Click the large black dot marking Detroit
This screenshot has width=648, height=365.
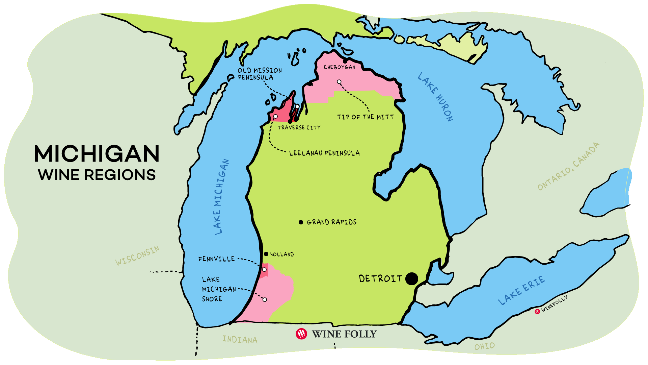[x=411, y=279]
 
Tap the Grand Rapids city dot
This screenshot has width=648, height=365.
[x=301, y=222]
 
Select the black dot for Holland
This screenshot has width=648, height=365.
[x=266, y=254]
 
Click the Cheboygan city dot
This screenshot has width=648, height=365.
[x=345, y=61]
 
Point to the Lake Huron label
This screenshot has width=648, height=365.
[x=436, y=97]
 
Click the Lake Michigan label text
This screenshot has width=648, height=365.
[x=221, y=197]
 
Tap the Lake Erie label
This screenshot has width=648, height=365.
[x=521, y=290]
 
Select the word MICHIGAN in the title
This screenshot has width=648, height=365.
[x=97, y=154]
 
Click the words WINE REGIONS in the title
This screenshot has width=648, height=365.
[x=97, y=175]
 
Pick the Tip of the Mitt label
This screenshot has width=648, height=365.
[x=366, y=117]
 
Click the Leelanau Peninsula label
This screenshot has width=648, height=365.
[x=324, y=153]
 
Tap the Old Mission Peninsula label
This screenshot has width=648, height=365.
[x=260, y=74]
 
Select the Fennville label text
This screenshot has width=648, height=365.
[x=216, y=259]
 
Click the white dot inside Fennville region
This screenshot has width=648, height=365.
[x=264, y=269]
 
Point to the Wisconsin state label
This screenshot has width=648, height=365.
[x=137, y=255]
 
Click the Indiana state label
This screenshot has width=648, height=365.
[x=240, y=339]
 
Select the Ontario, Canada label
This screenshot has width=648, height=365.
[x=569, y=166]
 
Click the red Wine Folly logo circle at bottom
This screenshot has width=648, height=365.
[x=301, y=334]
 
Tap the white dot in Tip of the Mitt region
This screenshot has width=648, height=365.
[x=339, y=82]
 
